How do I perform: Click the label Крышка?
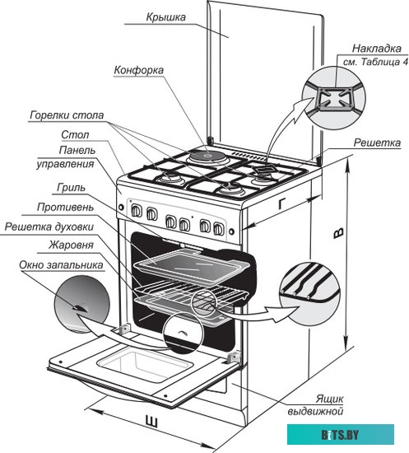tap(166, 17)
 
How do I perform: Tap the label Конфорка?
tap(139, 70)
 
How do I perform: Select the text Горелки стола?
tap(67, 115)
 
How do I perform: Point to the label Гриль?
tap(71, 188)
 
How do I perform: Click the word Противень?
tap(66, 208)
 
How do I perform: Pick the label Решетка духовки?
tap(49, 226)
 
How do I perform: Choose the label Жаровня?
tap(71, 245)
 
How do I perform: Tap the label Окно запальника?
tap(61, 265)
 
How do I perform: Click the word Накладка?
tap(377, 49)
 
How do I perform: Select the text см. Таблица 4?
tap(376, 62)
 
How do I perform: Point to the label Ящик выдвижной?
tap(315, 404)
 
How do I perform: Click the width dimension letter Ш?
tap(151, 422)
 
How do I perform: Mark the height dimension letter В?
tap(338, 233)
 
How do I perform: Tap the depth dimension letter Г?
tap(282, 204)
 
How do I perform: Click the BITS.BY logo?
tap(341, 435)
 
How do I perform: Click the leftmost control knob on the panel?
tap(137, 211)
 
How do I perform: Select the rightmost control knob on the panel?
tap(219, 229)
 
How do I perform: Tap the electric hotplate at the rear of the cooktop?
tap(207, 156)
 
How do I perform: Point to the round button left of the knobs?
tap(121, 207)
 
